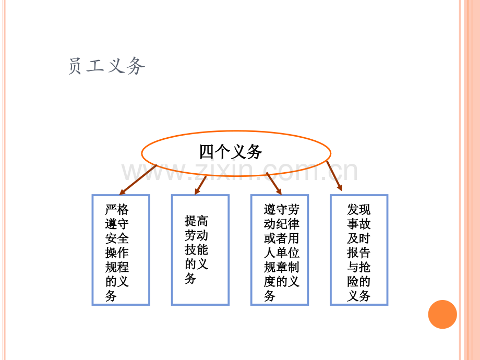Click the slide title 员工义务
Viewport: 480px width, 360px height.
tap(106, 66)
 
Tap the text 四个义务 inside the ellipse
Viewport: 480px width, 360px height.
tap(231, 151)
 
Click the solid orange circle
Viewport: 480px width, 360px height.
tap(442, 315)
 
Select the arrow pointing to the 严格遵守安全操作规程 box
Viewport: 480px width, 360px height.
tap(138, 179)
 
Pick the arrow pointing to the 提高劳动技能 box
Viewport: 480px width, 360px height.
tap(200, 185)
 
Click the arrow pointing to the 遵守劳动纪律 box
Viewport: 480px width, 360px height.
tap(274, 183)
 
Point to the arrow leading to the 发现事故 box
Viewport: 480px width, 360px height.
tap(334, 176)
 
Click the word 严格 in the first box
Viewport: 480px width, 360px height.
tap(117, 210)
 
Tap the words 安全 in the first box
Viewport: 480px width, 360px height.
tap(117, 238)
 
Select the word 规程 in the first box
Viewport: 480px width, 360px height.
tap(117, 267)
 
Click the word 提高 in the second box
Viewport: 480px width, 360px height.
tap(196, 221)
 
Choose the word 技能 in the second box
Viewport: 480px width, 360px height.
tap(196, 249)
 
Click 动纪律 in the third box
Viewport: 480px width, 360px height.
tap(281, 224)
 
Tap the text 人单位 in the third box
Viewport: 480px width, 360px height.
tap(281, 253)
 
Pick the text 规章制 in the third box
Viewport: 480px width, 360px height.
tap(281, 267)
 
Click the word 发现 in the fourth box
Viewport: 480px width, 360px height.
tap(358, 210)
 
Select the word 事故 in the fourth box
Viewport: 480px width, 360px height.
tap(358, 224)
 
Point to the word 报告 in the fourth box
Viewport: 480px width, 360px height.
tap(358, 253)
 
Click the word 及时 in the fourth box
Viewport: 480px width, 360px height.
tap(358, 238)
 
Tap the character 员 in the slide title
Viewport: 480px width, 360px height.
tap(75, 66)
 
